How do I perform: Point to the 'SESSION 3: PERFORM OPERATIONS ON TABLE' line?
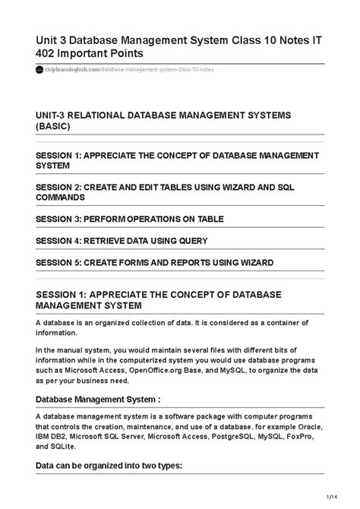pyautogui.click(x=130, y=219)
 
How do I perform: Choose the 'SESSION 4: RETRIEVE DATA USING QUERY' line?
pyautogui.click(x=122, y=240)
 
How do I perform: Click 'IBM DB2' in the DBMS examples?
pyautogui.click(x=52, y=438)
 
